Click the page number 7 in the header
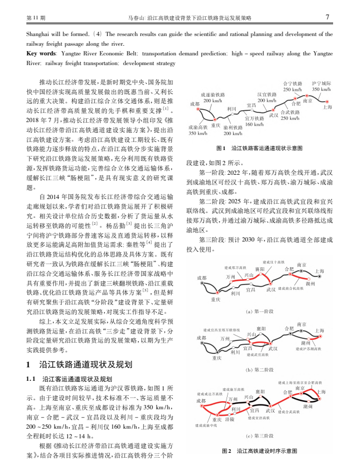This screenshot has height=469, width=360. tap(328, 17)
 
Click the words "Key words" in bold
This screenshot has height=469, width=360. tap(41, 54)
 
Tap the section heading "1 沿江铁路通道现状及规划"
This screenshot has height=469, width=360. tap(79, 364)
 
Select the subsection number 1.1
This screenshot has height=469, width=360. tap(32, 378)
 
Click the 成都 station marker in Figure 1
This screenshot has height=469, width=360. tap(198, 109)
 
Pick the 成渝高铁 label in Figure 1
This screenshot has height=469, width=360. tap(197, 127)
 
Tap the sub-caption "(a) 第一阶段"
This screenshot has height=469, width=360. tap(259, 311)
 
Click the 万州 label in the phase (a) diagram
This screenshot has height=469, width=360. tap(230, 276)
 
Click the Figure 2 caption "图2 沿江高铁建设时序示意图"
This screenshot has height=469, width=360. tap(259, 451)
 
